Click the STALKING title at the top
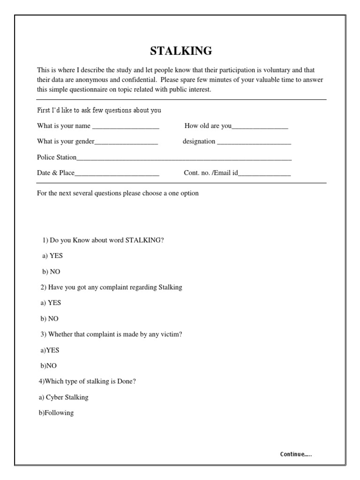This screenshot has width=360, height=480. [x=181, y=51]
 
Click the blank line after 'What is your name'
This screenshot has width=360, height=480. [x=126, y=127]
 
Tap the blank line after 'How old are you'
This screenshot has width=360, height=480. [x=260, y=127]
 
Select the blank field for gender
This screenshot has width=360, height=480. [x=126, y=142]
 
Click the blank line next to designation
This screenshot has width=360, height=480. [x=254, y=142]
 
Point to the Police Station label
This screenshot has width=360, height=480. [x=57, y=157]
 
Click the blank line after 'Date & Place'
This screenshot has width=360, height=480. [x=117, y=174]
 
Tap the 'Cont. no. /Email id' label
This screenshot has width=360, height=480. [x=211, y=173]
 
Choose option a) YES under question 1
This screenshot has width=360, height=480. [x=52, y=256]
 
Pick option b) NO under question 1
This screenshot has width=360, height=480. [x=52, y=271]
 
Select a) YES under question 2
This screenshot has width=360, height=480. [x=51, y=303]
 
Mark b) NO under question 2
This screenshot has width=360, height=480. [x=50, y=319]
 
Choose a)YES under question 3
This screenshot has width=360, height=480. [x=50, y=350]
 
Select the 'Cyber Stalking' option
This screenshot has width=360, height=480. [x=64, y=397]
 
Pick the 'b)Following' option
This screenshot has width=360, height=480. [x=56, y=413]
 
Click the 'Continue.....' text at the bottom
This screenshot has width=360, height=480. [x=295, y=454]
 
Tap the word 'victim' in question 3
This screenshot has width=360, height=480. [x=171, y=334]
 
